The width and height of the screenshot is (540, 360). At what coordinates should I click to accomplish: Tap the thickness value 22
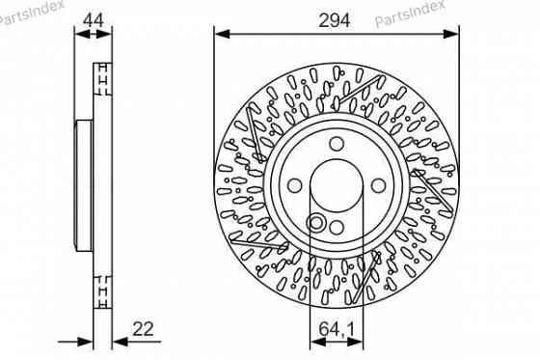point(144,329)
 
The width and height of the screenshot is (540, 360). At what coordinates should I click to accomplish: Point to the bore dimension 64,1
point(336,329)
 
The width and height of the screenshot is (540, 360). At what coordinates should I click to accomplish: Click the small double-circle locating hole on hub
point(314,224)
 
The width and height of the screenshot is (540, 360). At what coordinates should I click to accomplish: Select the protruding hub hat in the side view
point(84,183)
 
